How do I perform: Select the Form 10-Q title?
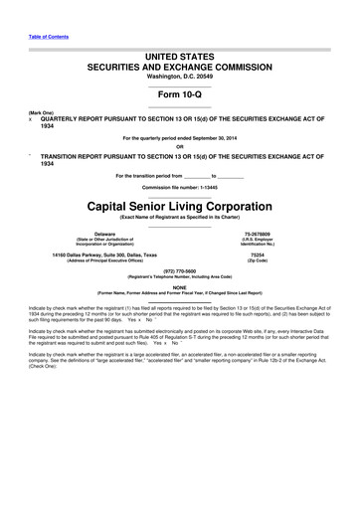pyautogui.click(x=179, y=88)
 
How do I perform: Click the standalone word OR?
pyautogui.click(x=179, y=148)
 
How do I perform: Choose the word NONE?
pyautogui.click(x=179, y=286)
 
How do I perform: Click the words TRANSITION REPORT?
pyautogui.click(x=84, y=157)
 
